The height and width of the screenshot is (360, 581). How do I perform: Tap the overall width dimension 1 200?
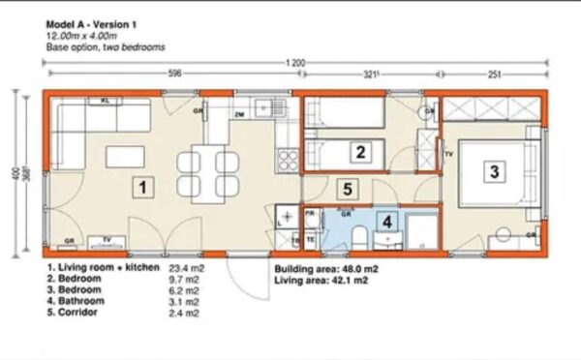coord(295,62)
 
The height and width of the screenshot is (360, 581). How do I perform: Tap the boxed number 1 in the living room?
coord(142,187)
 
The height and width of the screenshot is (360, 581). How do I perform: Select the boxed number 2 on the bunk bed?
coord(360,151)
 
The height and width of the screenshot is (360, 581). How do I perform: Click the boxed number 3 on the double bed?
coord(494,172)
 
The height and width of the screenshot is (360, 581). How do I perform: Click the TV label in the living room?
coord(107,238)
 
